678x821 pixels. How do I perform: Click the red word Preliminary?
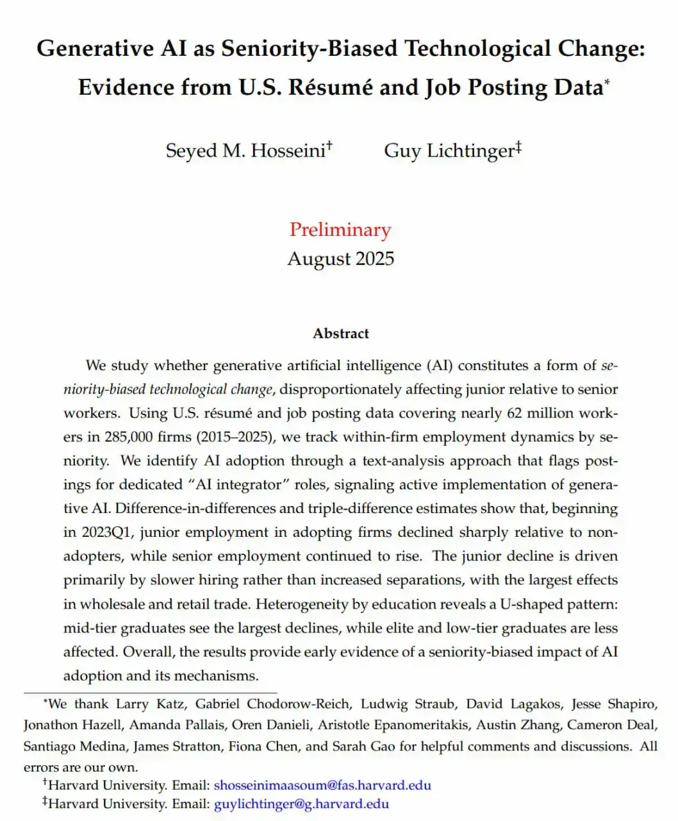pyautogui.click(x=340, y=230)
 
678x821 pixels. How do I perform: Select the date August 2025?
pyautogui.click(x=340, y=258)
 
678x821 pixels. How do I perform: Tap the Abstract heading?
pyautogui.click(x=341, y=334)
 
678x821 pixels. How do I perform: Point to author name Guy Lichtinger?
pyautogui.click(x=450, y=151)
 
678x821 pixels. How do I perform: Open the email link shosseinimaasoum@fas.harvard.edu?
pyautogui.click(x=322, y=785)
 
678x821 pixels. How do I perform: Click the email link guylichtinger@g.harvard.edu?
pyautogui.click(x=301, y=804)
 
